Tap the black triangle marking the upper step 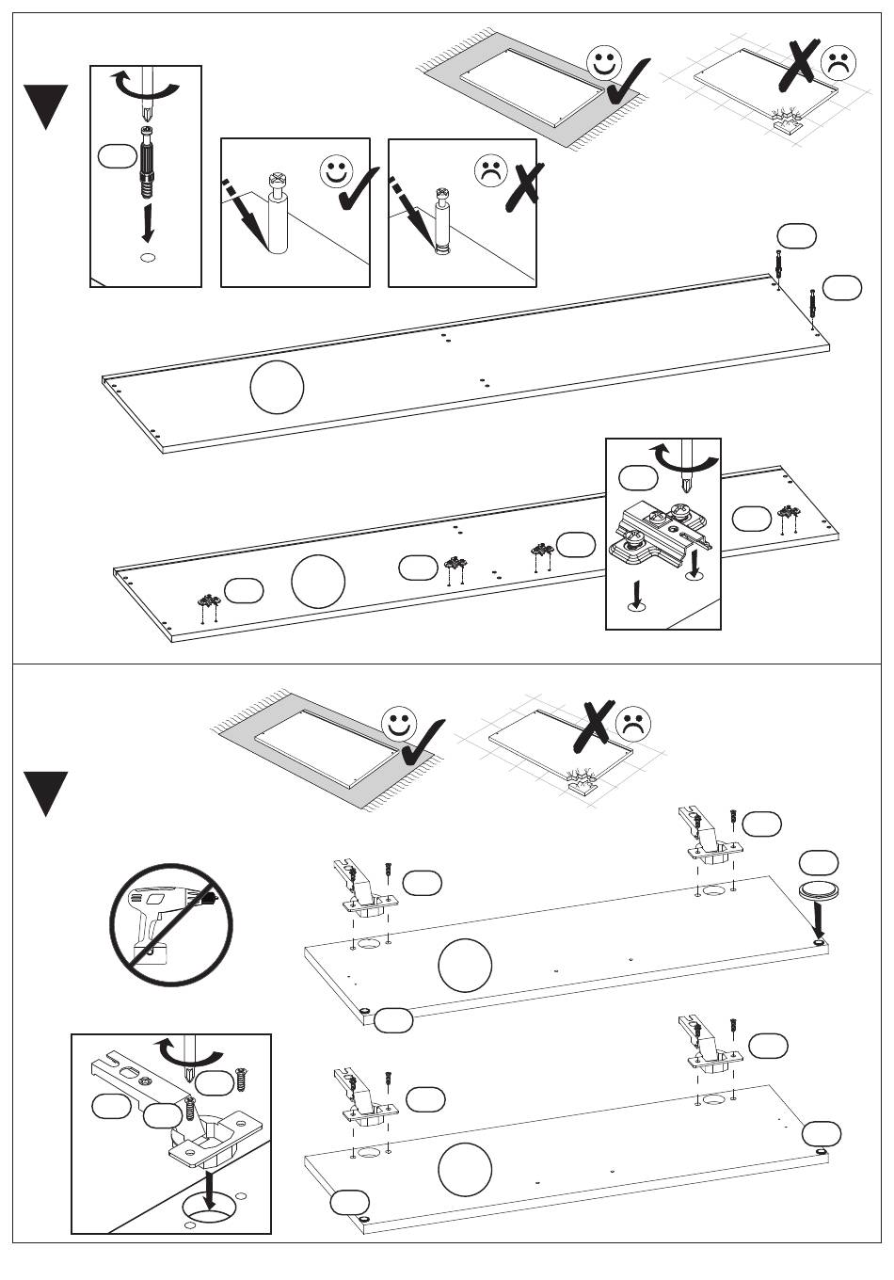(46, 105)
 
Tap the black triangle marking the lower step (46, 792)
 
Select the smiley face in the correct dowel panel (336, 172)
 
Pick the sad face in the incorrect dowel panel (490, 172)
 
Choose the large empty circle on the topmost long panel (278, 387)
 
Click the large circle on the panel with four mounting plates (318, 582)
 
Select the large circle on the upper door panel (465, 965)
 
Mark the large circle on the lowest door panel (465, 1168)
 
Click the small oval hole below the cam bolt (147, 257)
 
